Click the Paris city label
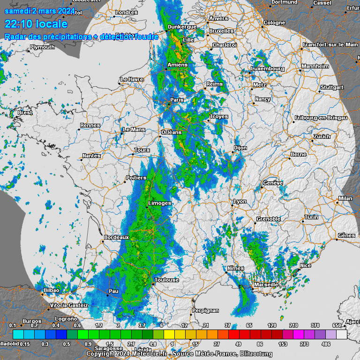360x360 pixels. pos(177,100)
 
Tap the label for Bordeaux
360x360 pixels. pos(116,238)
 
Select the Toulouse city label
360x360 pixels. pos(167,280)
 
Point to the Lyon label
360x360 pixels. pos(240,202)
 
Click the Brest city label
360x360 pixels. pos(25,112)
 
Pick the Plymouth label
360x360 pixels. pos(42,47)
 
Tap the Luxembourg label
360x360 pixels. pos(268,68)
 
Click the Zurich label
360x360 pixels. pos(322,136)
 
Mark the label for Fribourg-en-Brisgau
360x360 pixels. pos(321,118)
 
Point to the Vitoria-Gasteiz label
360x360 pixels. pos(69,305)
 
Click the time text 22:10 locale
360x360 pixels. pos(36,24)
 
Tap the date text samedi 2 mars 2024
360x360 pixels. pos(39,11)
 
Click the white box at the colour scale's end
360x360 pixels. pos(342,334)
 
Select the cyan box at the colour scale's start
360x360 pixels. pos(18,334)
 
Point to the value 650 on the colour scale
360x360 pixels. pos(337,325)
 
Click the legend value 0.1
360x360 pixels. pos(13,325)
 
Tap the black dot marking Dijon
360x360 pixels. pos(233,152)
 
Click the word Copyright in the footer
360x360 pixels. pos(102,354)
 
